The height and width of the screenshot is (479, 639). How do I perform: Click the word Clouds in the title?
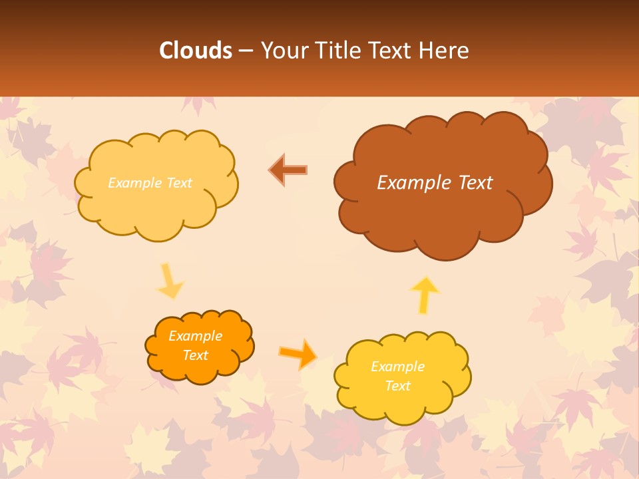coord(196,51)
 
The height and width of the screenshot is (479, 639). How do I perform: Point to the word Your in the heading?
coord(282,51)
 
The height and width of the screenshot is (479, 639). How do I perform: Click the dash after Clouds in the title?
coord(244,51)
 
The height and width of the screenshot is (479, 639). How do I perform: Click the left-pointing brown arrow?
coord(288,170)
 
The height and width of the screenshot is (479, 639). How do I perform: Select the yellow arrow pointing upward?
coord(424,295)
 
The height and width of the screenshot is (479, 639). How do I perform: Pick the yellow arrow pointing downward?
coord(169,281)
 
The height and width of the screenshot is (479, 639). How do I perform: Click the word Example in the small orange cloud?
coord(196,336)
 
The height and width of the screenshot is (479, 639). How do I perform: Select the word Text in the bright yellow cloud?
coord(397,386)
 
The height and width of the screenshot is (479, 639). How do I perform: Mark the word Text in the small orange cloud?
coord(196,355)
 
